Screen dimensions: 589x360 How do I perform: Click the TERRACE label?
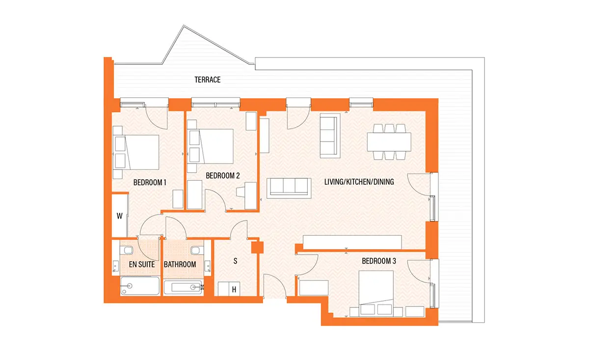[x=208, y=80]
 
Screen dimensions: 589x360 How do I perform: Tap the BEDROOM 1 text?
[x=150, y=182]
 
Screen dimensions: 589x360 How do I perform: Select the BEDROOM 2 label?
[x=223, y=175]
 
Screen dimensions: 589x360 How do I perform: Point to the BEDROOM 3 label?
[x=378, y=261]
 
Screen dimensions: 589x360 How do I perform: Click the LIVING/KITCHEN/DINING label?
[x=359, y=182]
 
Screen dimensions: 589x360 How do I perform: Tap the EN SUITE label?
[x=142, y=264]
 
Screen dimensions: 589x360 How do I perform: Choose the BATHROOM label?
[x=180, y=264]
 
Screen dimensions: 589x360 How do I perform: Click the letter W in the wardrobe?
[x=119, y=216]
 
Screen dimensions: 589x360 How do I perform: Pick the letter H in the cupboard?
[x=234, y=290]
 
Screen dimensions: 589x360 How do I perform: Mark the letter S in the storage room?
[x=235, y=261]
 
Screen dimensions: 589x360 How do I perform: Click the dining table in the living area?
[x=389, y=142]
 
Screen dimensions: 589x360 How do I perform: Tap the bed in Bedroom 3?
[x=376, y=293]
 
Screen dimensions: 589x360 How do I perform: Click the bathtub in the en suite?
[x=140, y=285]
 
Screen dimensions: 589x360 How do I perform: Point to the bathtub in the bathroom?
[x=184, y=287]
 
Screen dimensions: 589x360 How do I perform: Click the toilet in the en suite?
[x=127, y=249]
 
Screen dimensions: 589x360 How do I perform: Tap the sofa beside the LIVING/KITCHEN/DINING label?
[x=289, y=188]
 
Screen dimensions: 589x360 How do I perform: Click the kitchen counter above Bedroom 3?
[x=352, y=242]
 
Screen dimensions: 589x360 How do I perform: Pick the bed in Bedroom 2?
[x=211, y=146]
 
